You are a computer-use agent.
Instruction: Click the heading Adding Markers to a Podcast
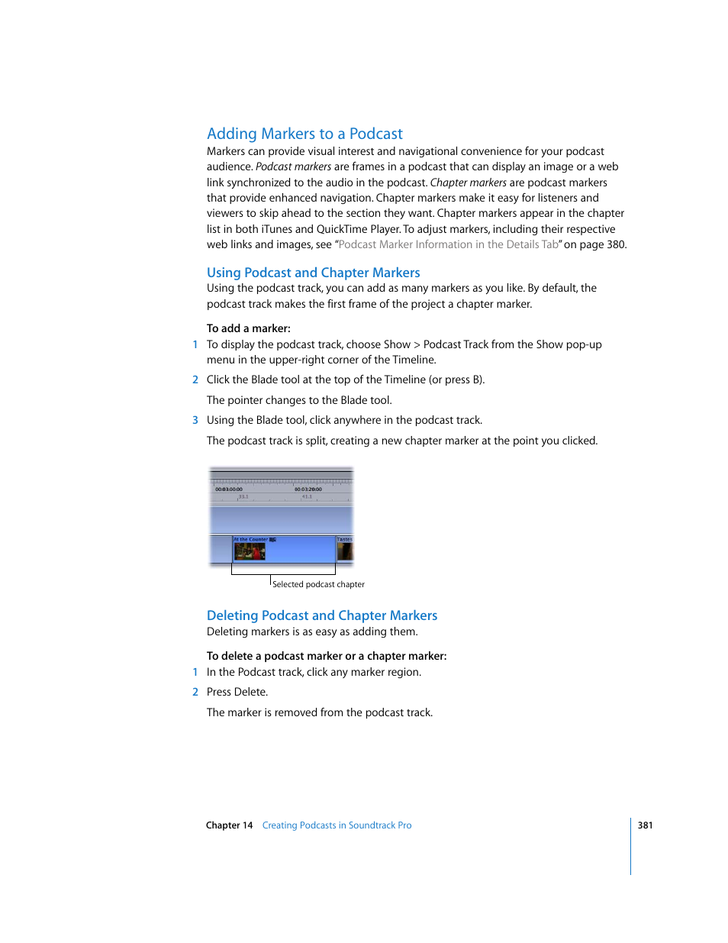coord(304,134)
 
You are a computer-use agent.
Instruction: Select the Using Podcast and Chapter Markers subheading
coord(313,273)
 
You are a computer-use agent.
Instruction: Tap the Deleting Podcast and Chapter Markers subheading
coord(321,615)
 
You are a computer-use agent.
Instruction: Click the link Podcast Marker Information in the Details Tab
coord(448,244)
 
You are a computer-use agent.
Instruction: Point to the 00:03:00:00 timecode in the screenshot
coord(228,489)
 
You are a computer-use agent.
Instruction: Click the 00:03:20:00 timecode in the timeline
coord(308,489)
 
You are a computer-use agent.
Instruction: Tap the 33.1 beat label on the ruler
coord(243,497)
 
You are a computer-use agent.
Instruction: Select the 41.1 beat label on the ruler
coord(307,497)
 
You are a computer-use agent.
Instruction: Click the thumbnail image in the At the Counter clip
coord(250,551)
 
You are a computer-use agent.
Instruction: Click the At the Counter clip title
coord(251,540)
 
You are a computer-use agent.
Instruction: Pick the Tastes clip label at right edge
coord(345,540)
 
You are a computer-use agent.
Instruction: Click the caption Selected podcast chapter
coord(318,585)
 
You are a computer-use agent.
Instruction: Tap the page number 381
coord(645,825)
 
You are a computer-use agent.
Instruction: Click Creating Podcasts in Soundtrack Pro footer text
coord(337,825)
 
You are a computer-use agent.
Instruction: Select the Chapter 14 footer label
coord(229,825)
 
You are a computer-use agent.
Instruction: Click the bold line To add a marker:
coord(248,328)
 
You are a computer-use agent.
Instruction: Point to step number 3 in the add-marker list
coord(195,420)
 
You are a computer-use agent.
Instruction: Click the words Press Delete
coord(237,692)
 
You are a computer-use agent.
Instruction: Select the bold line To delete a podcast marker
coord(326,656)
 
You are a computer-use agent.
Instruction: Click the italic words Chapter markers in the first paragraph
coord(468,182)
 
